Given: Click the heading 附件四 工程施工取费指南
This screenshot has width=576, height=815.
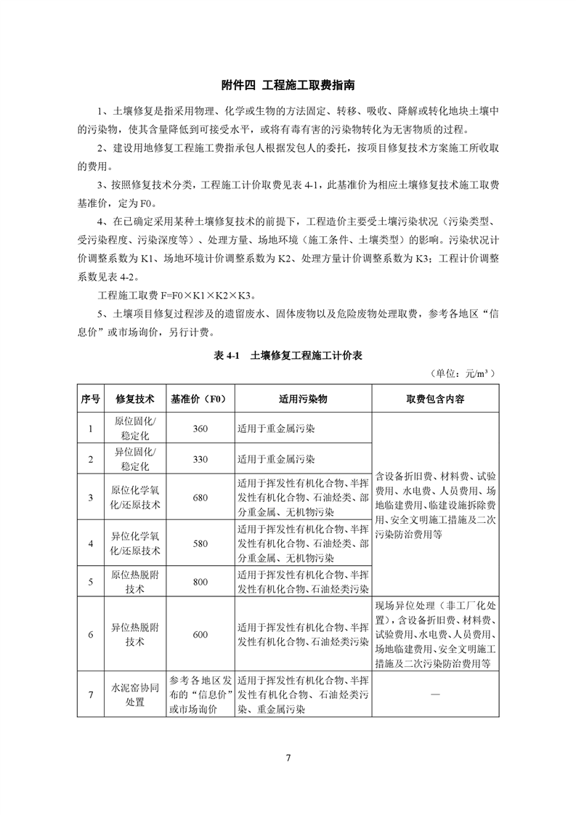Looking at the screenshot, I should (x=288, y=85).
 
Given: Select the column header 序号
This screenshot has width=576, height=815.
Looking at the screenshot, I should (x=91, y=399).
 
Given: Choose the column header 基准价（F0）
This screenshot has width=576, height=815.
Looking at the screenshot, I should (x=200, y=399).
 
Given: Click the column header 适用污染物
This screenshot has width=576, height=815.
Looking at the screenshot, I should (x=302, y=399).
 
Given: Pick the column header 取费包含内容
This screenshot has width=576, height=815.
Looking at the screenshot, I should (x=436, y=399).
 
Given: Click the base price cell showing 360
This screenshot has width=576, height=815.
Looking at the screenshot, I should (x=200, y=429).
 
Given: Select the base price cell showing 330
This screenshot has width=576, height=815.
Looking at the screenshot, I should (x=200, y=459).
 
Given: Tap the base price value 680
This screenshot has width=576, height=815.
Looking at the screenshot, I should (x=200, y=498).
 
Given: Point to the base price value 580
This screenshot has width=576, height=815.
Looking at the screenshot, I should (x=200, y=543).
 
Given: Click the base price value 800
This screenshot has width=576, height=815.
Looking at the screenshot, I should (x=200, y=582).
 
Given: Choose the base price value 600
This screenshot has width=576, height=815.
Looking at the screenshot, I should (x=200, y=634).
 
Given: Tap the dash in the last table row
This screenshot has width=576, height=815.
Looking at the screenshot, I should (x=436, y=695).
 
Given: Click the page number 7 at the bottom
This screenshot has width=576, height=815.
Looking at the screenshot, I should (x=288, y=758).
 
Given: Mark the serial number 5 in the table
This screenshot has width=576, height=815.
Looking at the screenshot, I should (x=91, y=582).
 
